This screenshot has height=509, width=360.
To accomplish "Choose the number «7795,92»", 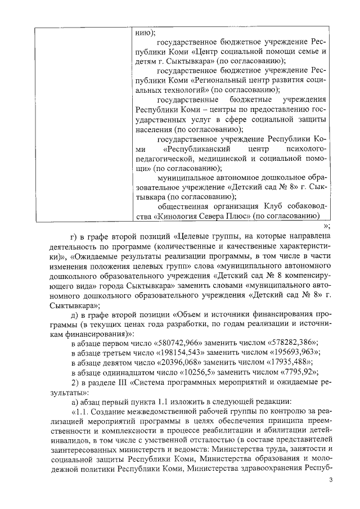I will [x=289, y=372].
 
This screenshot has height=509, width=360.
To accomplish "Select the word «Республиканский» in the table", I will [x=198, y=150].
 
